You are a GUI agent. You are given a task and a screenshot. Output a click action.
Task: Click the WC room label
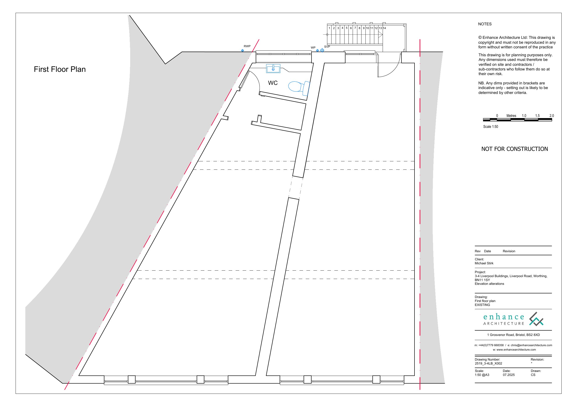273,83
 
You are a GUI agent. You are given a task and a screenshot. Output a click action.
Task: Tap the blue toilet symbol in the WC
299,87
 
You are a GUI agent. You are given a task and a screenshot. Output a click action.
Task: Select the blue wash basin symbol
273,68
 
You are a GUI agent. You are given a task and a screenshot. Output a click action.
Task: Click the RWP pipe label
247,46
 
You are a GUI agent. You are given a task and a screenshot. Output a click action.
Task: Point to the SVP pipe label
327,47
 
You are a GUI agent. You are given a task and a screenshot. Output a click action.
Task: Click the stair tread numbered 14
384,28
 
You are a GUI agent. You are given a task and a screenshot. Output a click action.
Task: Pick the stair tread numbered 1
329,28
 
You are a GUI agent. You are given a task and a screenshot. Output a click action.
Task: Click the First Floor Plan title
60,69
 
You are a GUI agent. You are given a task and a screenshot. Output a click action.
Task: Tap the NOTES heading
485,24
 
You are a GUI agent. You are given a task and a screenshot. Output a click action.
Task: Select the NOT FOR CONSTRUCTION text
514,149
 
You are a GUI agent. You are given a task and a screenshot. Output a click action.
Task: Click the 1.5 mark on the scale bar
537,116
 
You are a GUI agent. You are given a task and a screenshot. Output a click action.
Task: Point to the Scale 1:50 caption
491,127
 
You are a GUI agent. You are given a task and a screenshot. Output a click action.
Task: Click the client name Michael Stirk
484,263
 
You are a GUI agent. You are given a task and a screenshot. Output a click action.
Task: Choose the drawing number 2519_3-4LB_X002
488,363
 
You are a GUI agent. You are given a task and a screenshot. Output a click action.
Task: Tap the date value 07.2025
509,375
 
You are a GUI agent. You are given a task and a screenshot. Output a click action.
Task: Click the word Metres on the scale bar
511,116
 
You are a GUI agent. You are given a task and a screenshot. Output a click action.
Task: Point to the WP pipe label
313,47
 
